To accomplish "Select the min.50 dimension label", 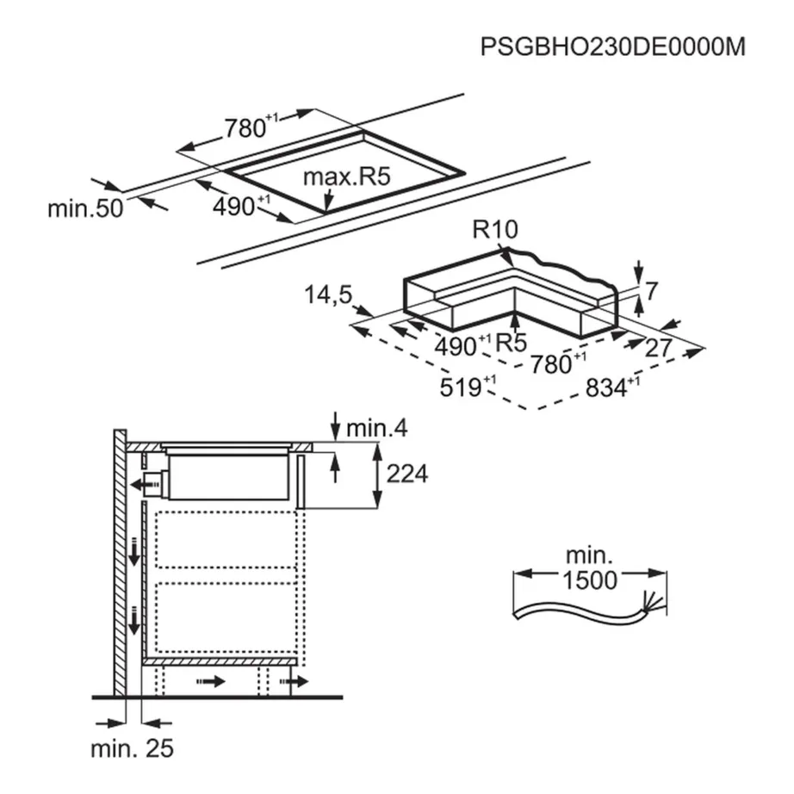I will [x=84, y=209].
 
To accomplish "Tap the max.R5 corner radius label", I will [x=348, y=177].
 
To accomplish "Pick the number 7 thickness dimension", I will [x=651, y=292].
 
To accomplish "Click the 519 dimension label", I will [x=461, y=387].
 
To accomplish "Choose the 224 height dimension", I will [x=407, y=473].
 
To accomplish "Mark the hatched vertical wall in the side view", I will [x=120, y=560].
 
